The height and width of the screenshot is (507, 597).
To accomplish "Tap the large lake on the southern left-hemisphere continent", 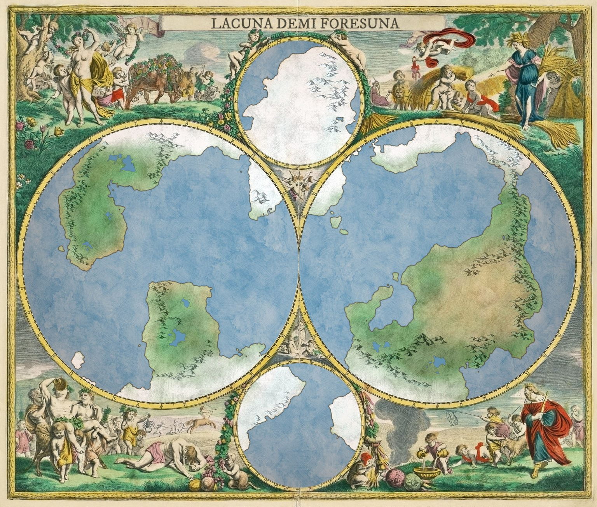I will coord(178,337).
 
